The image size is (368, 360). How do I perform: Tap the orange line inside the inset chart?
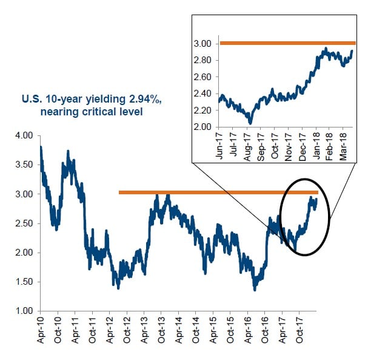pos(285,43)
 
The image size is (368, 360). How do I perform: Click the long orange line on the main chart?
pos(218,192)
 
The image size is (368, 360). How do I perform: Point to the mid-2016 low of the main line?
pos(255,290)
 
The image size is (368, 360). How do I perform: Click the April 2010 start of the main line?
pos(41,148)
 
